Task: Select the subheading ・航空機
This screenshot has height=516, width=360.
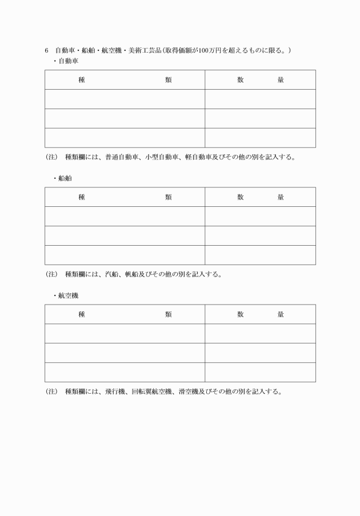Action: click(x=66, y=295)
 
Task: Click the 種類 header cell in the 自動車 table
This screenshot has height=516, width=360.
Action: click(x=125, y=80)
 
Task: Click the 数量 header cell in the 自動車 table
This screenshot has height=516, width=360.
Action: click(x=260, y=80)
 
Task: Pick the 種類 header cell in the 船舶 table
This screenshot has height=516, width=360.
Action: click(x=125, y=197)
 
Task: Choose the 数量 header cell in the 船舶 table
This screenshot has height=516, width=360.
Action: click(x=260, y=197)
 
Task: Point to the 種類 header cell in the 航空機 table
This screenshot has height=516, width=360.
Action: click(x=125, y=314)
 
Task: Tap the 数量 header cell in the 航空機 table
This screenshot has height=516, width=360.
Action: click(x=260, y=314)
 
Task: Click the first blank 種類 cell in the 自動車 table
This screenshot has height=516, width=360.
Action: click(x=125, y=99)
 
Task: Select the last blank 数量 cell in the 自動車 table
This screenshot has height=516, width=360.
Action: click(x=260, y=138)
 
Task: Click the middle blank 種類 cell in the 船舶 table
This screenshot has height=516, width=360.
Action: click(x=125, y=235)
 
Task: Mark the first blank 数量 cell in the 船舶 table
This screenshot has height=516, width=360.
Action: click(x=260, y=217)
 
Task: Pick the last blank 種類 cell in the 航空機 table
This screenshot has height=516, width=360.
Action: click(x=125, y=372)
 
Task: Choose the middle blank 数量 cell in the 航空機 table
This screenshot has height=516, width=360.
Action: click(x=260, y=353)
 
